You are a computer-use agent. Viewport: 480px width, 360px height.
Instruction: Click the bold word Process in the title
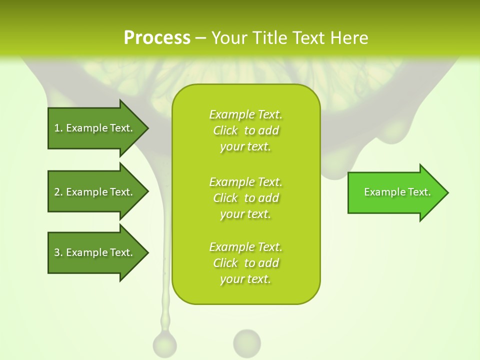click(157, 37)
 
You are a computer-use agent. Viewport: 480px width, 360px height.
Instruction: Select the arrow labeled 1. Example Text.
click(95, 128)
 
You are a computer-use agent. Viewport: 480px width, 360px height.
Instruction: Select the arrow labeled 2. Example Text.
click(95, 192)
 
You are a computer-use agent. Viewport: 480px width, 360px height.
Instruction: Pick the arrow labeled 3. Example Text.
click(95, 252)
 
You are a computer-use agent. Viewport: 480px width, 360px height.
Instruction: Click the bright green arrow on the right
click(395, 192)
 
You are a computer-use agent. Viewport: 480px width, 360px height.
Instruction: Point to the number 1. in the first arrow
click(58, 128)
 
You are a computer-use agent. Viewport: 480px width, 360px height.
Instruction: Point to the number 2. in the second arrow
click(58, 192)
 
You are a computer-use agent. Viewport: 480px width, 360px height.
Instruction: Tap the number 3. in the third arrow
click(58, 252)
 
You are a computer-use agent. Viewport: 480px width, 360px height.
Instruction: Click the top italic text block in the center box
click(245, 130)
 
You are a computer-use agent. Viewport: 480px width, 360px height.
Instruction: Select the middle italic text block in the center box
click(245, 198)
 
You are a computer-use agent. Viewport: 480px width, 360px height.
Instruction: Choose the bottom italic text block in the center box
click(245, 263)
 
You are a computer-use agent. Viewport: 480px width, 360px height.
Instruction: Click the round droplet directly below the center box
click(247, 343)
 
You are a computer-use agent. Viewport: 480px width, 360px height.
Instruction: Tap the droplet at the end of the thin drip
click(164, 345)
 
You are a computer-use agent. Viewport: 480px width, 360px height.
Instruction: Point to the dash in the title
click(201, 38)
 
